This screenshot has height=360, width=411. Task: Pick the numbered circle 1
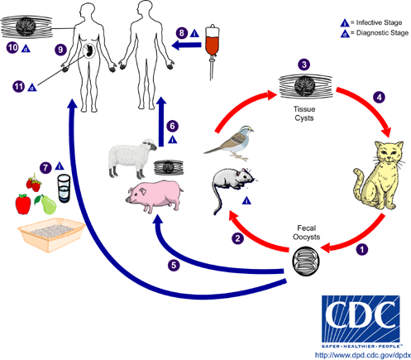360,247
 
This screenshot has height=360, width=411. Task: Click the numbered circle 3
304,64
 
